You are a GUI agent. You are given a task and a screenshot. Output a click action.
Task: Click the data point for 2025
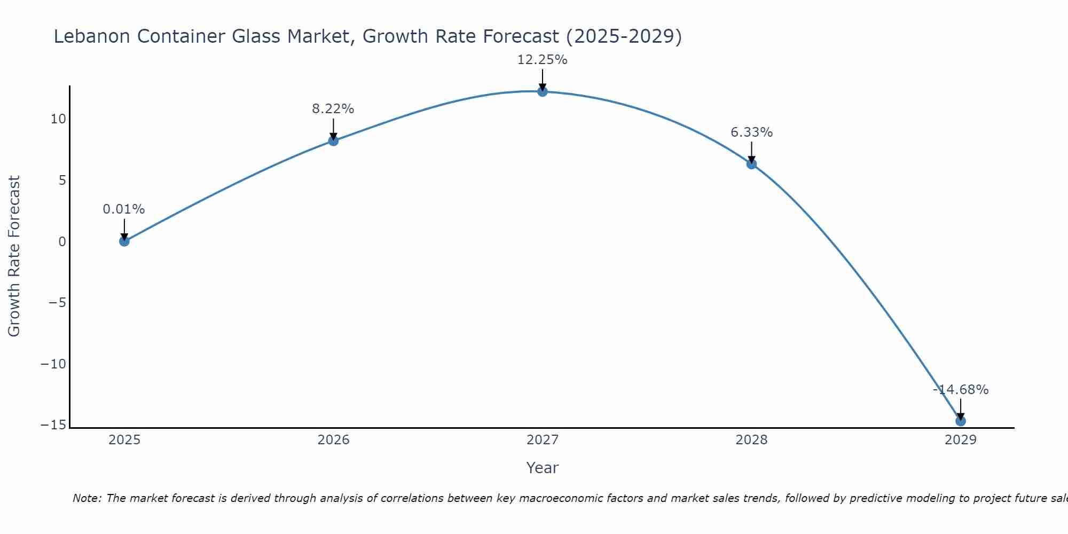pyautogui.click(x=124, y=241)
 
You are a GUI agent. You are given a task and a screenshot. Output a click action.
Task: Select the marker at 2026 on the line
pyautogui.click(x=333, y=141)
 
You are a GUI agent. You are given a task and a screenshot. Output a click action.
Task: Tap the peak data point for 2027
pyautogui.click(x=543, y=91)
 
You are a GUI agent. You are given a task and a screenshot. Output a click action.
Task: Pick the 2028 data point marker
pyautogui.click(x=751, y=164)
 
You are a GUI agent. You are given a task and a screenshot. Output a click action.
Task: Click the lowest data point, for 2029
pyautogui.click(x=961, y=421)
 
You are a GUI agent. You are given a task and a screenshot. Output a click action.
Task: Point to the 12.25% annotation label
pyautogui.click(x=542, y=60)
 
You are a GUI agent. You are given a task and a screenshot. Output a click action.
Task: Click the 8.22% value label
pyautogui.click(x=333, y=109)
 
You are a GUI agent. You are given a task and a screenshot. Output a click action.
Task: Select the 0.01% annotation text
pyautogui.click(x=123, y=209)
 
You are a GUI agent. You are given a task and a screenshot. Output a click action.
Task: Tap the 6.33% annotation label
pyautogui.click(x=751, y=132)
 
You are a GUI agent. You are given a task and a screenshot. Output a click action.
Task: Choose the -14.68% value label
pyautogui.click(x=961, y=390)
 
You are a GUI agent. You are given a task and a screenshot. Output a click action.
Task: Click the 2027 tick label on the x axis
pyautogui.click(x=543, y=440)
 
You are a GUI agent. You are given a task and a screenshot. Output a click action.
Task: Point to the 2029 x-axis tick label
pyautogui.click(x=961, y=440)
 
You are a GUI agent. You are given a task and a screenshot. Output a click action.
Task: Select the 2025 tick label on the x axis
pyautogui.click(x=124, y=440)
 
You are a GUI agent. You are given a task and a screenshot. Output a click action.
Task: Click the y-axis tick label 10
pyautogui.click(x=58, y=119)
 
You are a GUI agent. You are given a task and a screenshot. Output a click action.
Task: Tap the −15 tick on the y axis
pyautogui.click(x=53, y=425)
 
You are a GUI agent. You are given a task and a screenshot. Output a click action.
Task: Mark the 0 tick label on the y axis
pyautogui.click(x=62, y=242)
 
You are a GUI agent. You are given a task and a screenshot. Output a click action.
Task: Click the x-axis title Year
pyautogui.click(x=542, y=468)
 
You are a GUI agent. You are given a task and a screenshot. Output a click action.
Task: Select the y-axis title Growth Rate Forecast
pyautogui.click(x=14, y=256)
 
